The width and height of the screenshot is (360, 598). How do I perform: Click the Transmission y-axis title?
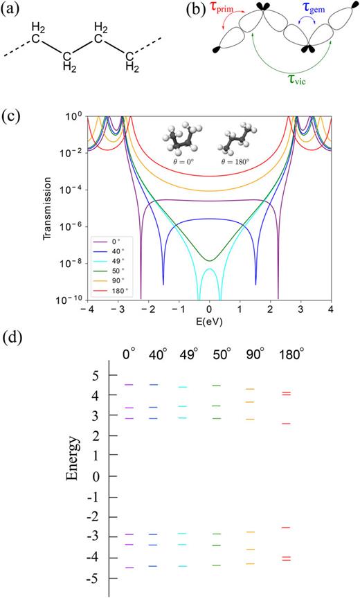pyautogui.click(x=48, y=206)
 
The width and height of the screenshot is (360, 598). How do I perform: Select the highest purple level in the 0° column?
pyautogui.click(x=129, y=384)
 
